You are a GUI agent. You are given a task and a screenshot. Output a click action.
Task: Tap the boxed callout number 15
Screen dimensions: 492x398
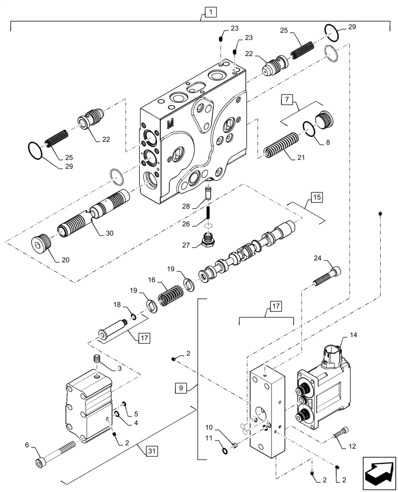tap(316, 199)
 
